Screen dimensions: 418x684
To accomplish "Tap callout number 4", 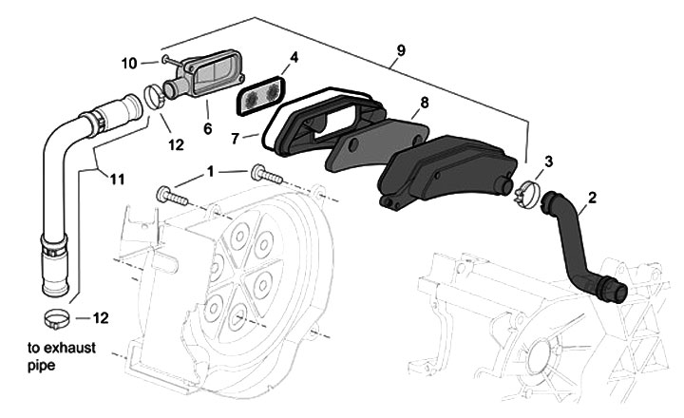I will pos(294,57).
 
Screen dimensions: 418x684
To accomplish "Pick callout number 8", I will pos(425,102).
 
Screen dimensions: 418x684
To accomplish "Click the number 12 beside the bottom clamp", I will pos(100,316).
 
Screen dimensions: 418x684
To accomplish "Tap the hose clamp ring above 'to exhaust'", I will pos(55,315).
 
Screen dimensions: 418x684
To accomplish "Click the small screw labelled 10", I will pos(167,60).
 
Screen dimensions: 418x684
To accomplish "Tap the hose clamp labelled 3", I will pos(526,196).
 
